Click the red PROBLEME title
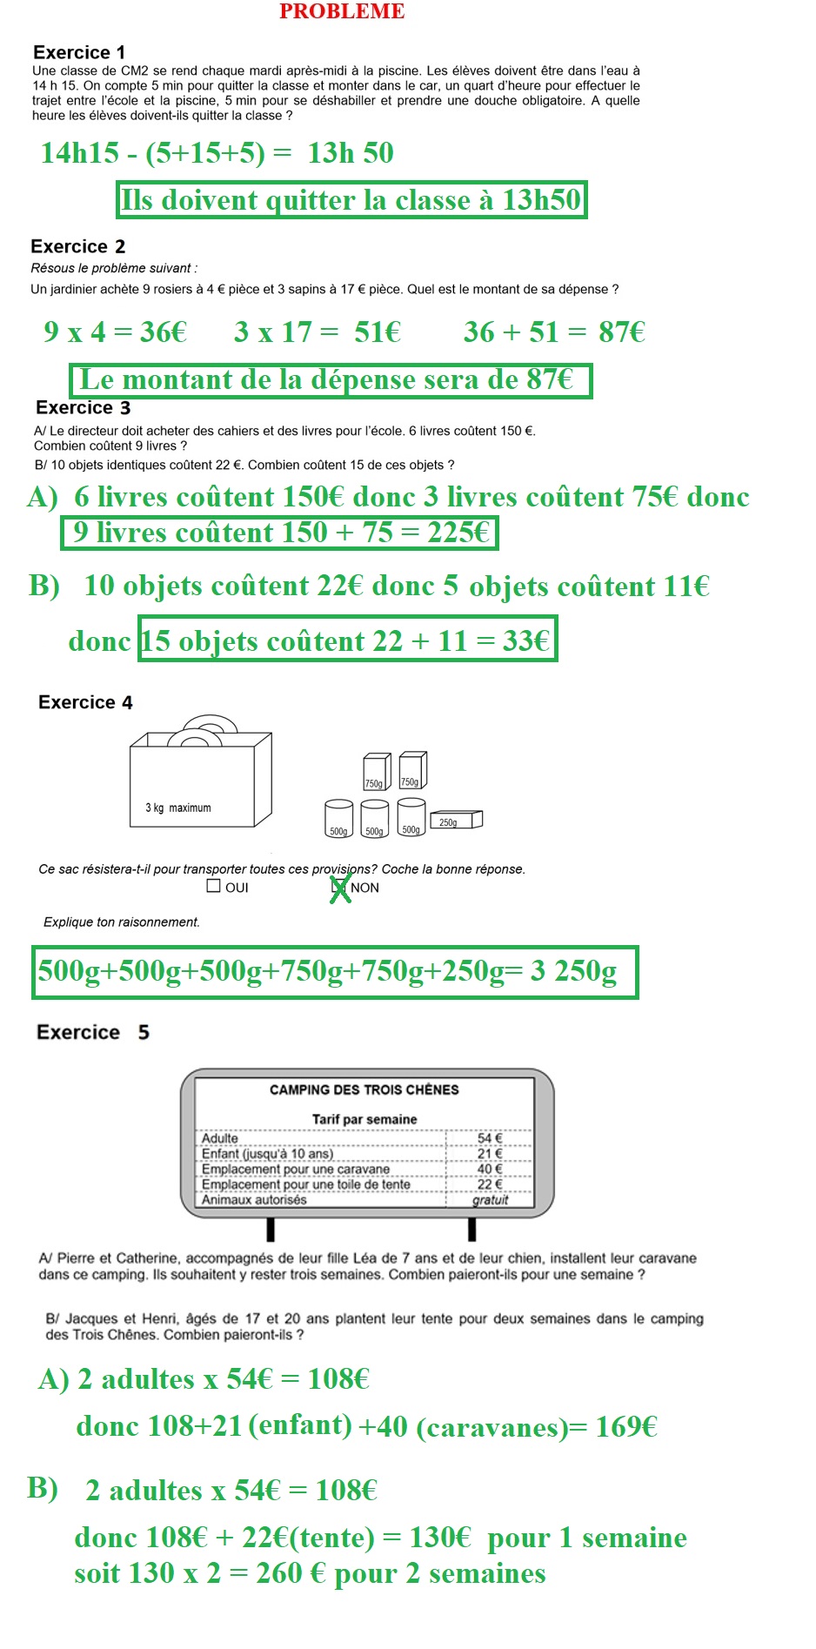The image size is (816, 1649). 342,11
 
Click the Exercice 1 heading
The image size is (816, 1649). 79,52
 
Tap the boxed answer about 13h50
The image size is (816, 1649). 351,200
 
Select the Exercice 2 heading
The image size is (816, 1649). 78,246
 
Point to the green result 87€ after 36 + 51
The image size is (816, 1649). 621,332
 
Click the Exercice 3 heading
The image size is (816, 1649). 84,407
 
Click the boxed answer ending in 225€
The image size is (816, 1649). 279,533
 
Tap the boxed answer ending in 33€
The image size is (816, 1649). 347,640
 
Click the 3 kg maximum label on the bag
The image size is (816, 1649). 178,808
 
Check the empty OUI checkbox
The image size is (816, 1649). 214,886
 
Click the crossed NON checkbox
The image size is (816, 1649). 339,888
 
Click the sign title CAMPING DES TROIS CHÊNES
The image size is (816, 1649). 364,1089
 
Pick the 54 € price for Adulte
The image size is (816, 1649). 490,1138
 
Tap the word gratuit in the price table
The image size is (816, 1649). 491,1200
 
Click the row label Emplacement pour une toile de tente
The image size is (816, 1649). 305,1184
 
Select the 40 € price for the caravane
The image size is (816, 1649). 490,1169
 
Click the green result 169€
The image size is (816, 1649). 625,1427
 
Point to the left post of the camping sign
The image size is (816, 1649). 271,1229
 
